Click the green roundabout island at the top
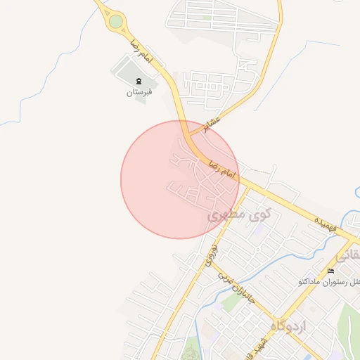click(116, 22)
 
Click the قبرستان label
click(139, 92)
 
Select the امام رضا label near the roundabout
click(139, 49)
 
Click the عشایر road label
click(211, 124)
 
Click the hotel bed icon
click(330, 271)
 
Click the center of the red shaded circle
click(180, 179)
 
